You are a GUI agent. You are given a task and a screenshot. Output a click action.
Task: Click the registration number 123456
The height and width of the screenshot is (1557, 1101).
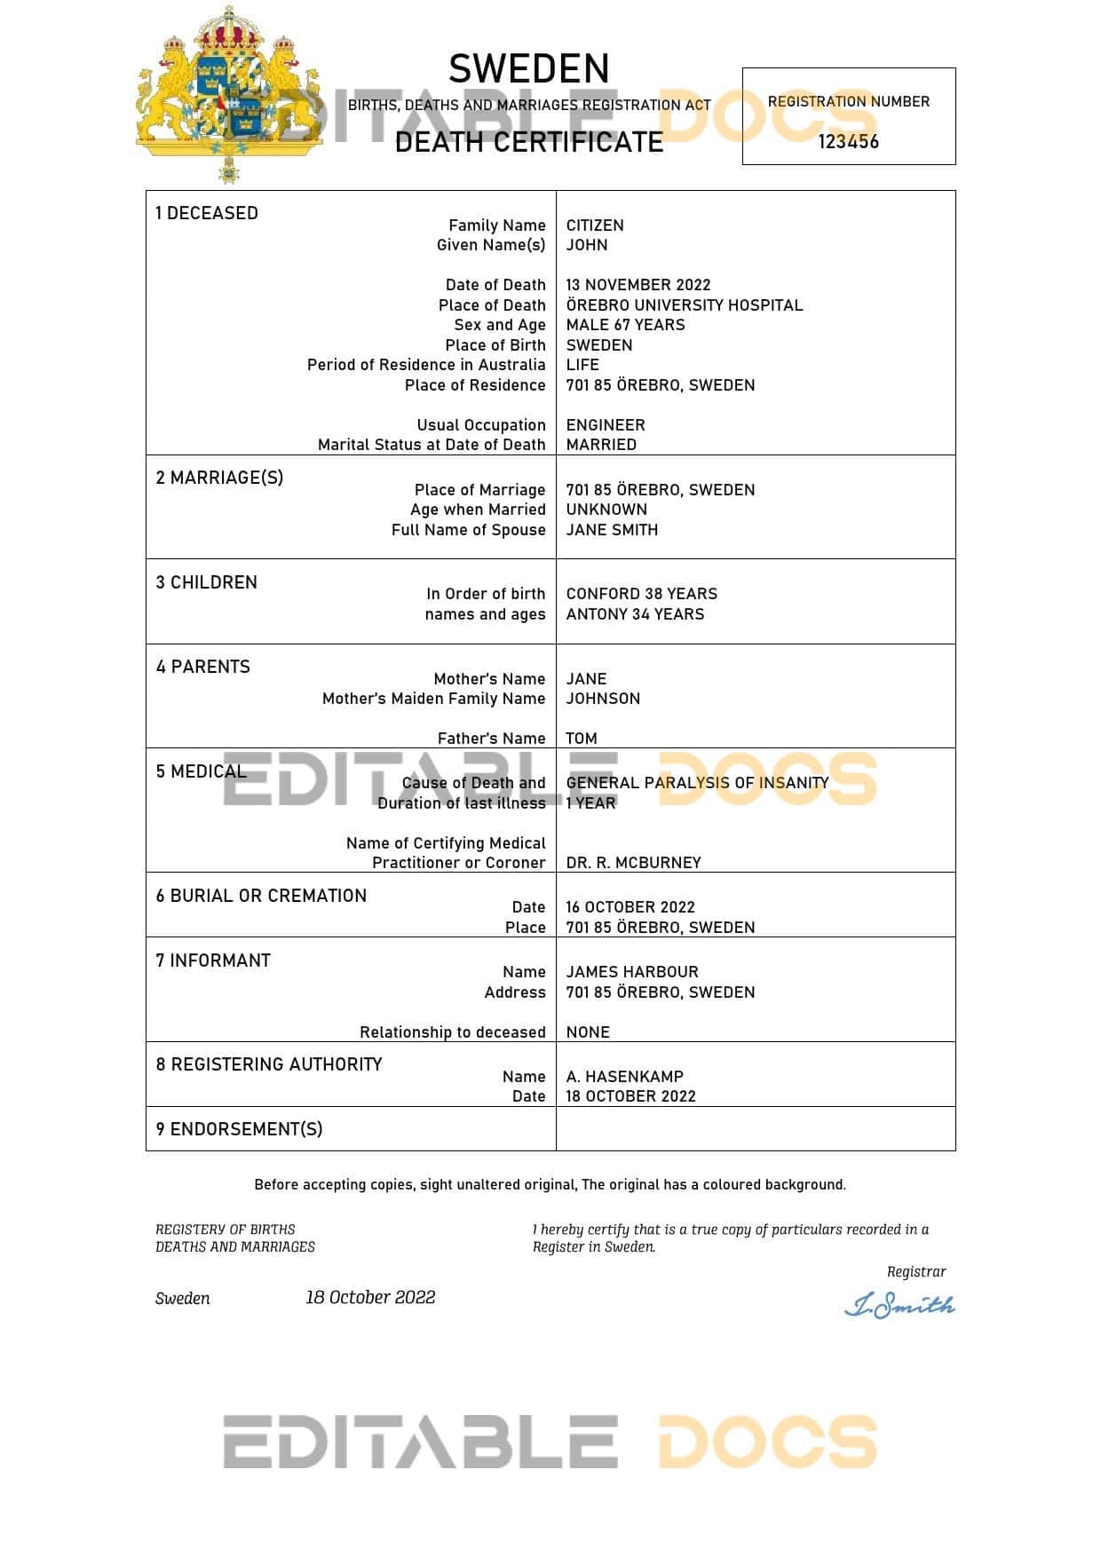[x=848, y=142]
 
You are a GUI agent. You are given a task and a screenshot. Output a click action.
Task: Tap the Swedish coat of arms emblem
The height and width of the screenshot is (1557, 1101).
[x=229, y=93]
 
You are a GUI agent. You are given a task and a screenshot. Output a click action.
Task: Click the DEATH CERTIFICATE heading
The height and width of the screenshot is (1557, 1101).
[x=529, y=142]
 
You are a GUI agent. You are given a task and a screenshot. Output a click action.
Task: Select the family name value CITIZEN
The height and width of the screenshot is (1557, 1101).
[x=595, y=225]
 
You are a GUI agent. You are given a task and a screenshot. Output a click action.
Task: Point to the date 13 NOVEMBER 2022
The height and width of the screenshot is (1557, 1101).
[x=638, y=285]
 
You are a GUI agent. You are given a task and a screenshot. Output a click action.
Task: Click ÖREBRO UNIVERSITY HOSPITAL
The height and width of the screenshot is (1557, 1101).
[x=685, y=305]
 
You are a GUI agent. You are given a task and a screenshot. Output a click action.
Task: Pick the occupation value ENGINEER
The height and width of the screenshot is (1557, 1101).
[x=606, y=425]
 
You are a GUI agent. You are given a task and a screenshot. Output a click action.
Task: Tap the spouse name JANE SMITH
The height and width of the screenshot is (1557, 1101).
[x=612, y=530]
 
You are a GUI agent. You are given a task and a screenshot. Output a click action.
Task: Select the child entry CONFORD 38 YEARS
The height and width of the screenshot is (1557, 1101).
[x=642, y=594]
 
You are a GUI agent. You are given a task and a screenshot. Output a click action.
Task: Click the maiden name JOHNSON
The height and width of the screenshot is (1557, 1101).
[x=603, y=699]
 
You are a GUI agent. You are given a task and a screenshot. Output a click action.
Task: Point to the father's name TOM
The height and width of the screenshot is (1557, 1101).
[x=582, y=739]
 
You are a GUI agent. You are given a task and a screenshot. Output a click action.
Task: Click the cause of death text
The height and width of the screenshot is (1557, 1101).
[x=697, y=783]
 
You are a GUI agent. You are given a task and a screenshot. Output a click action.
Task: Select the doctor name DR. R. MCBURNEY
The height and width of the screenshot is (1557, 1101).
[x=633, y=863]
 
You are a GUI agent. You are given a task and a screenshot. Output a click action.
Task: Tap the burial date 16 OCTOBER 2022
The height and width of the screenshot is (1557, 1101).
[x=630, y=907]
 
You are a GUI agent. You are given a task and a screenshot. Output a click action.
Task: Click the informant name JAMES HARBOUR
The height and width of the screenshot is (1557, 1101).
[x=632, y=972]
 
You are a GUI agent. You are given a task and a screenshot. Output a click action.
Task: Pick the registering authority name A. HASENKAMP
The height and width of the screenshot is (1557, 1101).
[x=625, y=1077]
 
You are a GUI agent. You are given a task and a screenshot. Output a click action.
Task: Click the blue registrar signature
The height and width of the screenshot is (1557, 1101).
[x=899, y=1305]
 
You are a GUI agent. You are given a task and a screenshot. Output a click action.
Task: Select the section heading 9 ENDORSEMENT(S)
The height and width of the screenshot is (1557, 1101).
[x=239, y=1129]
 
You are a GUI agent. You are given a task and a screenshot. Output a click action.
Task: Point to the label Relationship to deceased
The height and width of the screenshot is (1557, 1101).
[x=452, y=1032]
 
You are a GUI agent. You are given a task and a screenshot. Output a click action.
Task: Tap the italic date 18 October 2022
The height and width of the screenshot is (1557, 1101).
[x=370, y=1298]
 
